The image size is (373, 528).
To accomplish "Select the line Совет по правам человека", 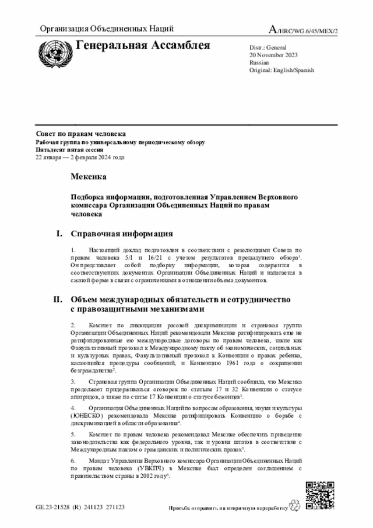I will click(x=80, y=134).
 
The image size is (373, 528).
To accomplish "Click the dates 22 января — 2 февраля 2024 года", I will click(x=80, y=157).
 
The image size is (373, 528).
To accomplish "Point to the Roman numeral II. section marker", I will click(x=58, y=299).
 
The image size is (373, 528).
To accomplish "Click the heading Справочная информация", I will click(x=122, y=234).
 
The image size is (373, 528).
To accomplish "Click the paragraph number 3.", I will click(x=73, y=381).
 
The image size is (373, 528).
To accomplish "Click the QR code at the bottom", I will click(x=320, y=495).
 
